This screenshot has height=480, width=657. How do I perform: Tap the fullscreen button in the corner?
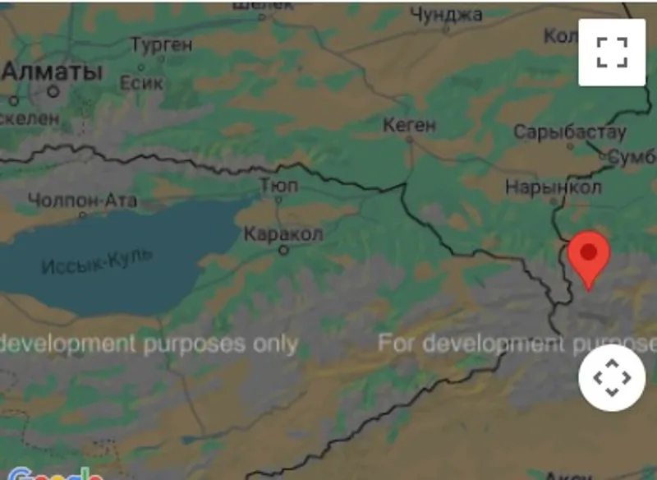612,52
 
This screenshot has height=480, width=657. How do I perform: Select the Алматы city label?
53,72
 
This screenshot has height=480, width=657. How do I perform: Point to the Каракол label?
283,234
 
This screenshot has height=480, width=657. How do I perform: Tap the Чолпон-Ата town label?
82,201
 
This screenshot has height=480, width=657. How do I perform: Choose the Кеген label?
410,125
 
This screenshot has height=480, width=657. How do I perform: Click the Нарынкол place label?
553,187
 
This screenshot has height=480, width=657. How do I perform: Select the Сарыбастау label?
569,132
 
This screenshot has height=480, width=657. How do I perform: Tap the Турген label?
161,44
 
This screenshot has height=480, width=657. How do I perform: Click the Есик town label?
141,83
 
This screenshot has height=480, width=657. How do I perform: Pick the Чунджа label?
446,14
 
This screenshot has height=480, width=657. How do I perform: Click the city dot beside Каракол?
284,250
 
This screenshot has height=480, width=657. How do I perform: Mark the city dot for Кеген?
410,140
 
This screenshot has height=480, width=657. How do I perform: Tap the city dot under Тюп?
278,198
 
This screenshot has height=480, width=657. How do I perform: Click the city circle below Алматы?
53,91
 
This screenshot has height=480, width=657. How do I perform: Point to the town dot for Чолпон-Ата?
82,215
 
